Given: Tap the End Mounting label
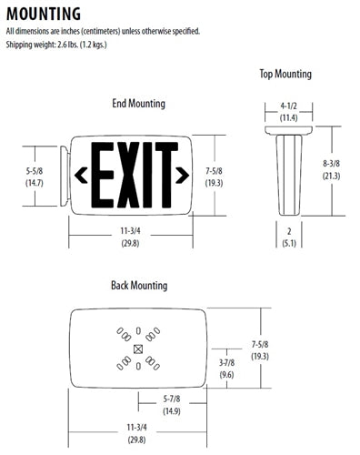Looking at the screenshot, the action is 138,104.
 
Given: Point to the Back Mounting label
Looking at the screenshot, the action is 138,286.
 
